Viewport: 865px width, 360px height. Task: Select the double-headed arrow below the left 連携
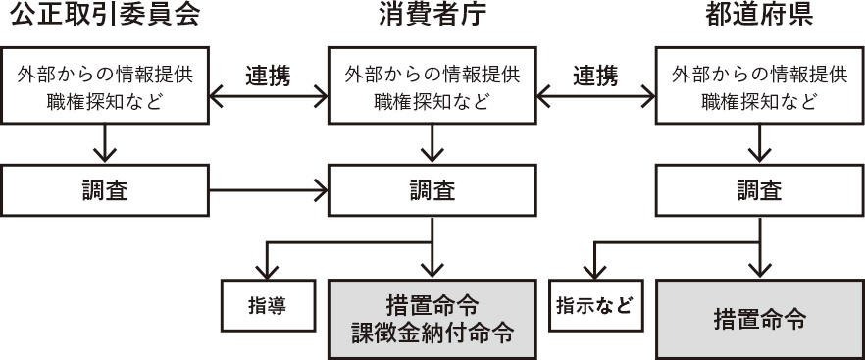point(267,96)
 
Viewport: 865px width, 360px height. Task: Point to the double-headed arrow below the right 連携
point(595,96)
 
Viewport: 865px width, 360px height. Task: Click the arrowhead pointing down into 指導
point(266,271)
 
